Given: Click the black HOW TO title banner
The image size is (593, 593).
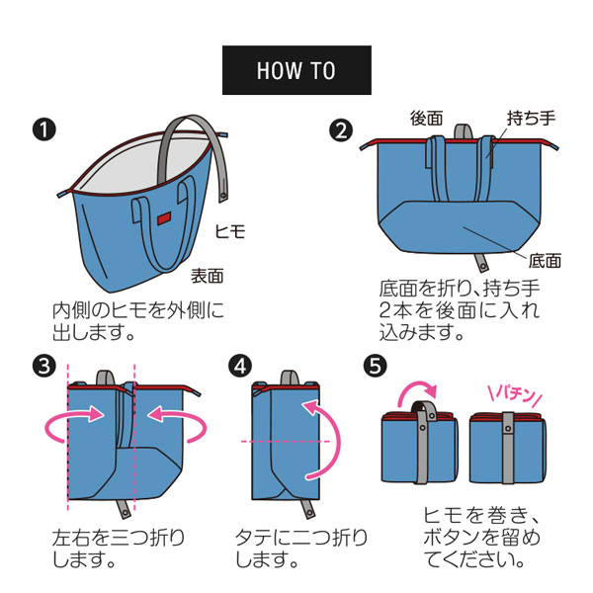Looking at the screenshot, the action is coord(296,70).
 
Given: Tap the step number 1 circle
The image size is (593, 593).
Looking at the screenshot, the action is coord(44,129).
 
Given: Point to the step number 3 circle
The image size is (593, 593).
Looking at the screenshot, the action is coord(44,366).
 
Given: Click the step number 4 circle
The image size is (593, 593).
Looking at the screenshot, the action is coord(240,366).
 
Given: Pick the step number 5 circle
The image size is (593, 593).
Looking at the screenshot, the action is coord(375,366).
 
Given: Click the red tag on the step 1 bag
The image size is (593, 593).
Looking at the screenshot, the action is coord(164,218).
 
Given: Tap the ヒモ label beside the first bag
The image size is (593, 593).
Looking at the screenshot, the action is coord(230,231).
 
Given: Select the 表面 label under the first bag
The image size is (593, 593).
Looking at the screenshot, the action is coord(207,276).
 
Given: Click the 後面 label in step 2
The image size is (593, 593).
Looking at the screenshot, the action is coord(427,119).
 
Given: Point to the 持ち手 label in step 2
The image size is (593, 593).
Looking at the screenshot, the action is coord(531,119).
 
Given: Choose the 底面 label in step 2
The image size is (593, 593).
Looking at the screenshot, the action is coord(545,261).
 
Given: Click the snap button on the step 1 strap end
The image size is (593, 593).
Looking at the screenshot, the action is coord(223,197).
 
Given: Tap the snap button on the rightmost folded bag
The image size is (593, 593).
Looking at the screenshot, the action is coord(508,429).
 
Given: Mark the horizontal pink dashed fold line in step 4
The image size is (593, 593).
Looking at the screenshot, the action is coord(286,442).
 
